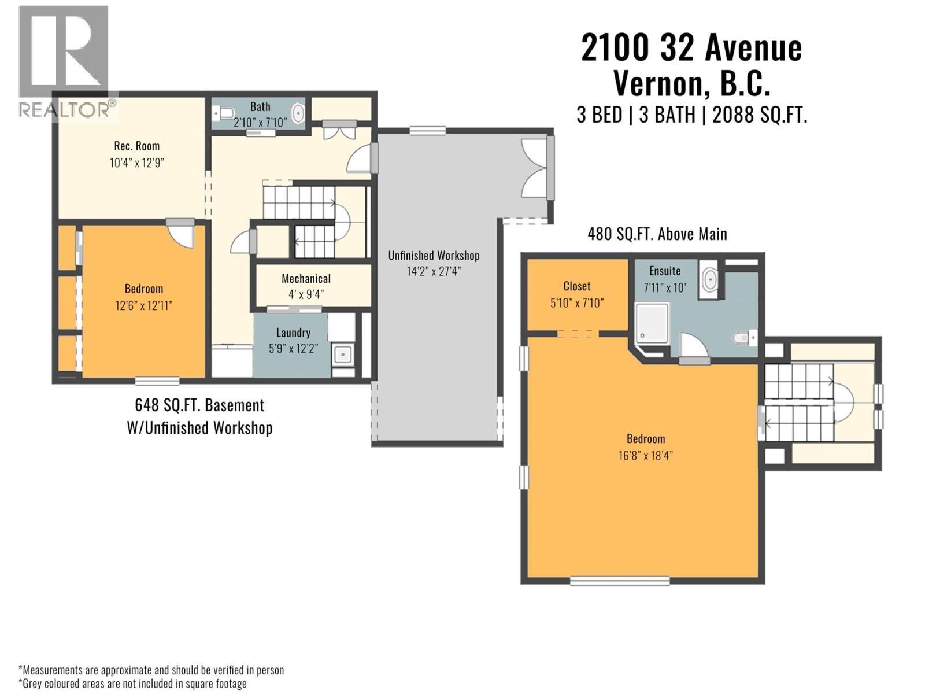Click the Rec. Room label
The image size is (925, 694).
[x=136, y=146]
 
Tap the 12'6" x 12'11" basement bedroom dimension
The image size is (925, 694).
[x=143, y=305]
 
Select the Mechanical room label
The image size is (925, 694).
[x=306, y=279]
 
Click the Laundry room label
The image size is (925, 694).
[x=293, y=333]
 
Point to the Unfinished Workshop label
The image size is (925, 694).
[x=434, y=256]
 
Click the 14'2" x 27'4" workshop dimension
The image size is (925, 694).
[x=434, y=271]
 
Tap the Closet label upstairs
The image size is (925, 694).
[x=576, y=286]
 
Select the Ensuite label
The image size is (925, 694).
[x=664, y=271]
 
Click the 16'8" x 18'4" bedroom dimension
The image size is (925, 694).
[x=645, y=455]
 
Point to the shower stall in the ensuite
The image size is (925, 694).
[x=652, y=324]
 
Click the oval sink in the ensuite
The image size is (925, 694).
[x=709, y=280]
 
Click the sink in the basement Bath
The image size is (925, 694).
[x=298, y=113]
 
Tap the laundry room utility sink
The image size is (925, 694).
[x=343, y=354]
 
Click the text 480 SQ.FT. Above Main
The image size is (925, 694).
[x=657, y=234]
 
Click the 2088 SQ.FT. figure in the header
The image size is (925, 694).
[x=759, y=115]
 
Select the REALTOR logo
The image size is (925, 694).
[x=64, y=61]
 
